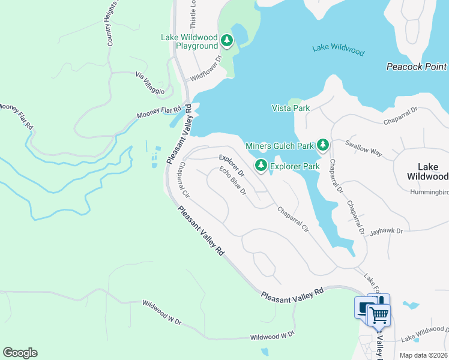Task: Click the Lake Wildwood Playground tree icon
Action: (226, 41)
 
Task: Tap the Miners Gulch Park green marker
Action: (323, 145)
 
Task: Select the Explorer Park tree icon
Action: (261, 164)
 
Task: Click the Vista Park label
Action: (291, 108)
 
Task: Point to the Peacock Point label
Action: (416, 67)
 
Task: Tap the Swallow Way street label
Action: (363, 148)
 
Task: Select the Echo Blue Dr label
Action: (233, 181)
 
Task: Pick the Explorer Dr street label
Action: (229, 166)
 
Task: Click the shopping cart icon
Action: (378, 314)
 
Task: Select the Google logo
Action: (20, 353)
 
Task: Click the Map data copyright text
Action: (424, 355)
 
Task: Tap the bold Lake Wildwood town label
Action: (427, 171)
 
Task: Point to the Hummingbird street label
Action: (429, 192)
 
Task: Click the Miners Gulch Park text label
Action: (280, 146)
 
